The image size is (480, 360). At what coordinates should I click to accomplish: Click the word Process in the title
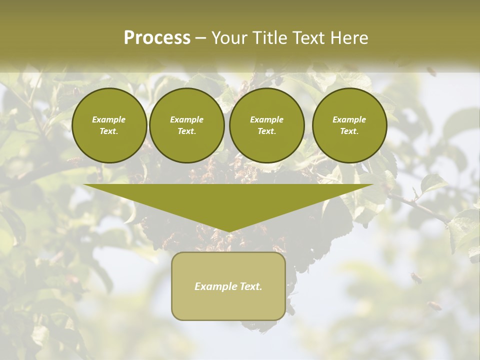[x=157, y=38]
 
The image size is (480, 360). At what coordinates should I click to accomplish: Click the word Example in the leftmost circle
[x=109, y=119]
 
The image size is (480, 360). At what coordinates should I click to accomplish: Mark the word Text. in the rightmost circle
[x=349, y=131]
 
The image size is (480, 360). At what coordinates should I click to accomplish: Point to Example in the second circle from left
[x=186, y=119]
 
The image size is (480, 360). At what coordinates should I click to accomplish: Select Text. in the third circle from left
[x=266, y=131]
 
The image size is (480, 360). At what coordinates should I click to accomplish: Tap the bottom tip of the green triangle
[x=228, y=230]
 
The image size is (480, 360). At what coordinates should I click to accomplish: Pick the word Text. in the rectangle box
[x=251, y=286]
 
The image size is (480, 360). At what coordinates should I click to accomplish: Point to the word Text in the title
[x=309, y=38]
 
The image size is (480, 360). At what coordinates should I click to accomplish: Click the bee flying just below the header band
[x=431, y=71]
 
